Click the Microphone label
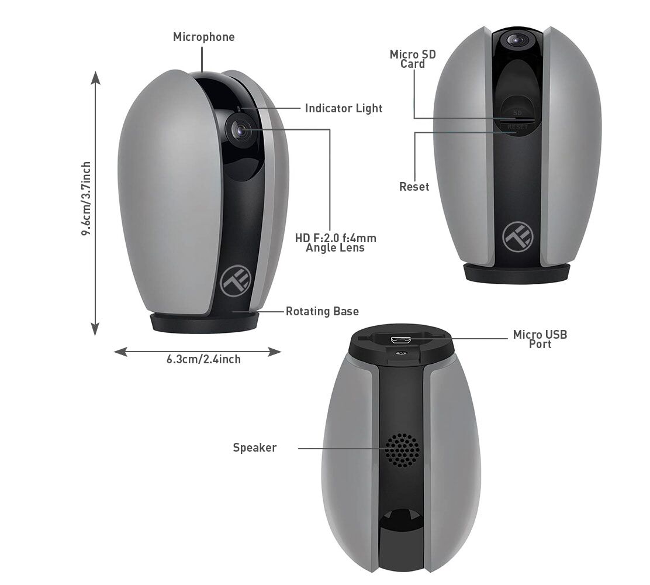(x=203, y=37)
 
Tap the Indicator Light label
(x=344, y=108)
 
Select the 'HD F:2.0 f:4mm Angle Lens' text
(x=336, y=243)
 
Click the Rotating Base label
(x=322, y=311)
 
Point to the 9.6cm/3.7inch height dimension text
(x=86, y=199)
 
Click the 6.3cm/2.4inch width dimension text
(x=203, y=359)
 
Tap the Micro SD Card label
(x=413, y=59)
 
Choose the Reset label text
(x=414, y=187)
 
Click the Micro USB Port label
(x=540, y=339)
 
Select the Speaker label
(x=254, y=448)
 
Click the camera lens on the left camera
(x=240, y=130)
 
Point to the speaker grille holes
(x=402, y=450)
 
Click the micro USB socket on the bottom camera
(x=400, y=340)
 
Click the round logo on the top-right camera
(x=517, y=237)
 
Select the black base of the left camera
(x=205, y=322)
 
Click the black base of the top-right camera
(x=516, y=273)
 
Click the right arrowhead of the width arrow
(x=275, y=352)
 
